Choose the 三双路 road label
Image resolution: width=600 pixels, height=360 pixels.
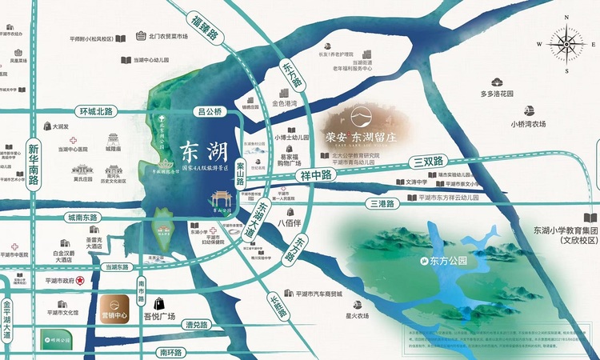coord(428,161)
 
